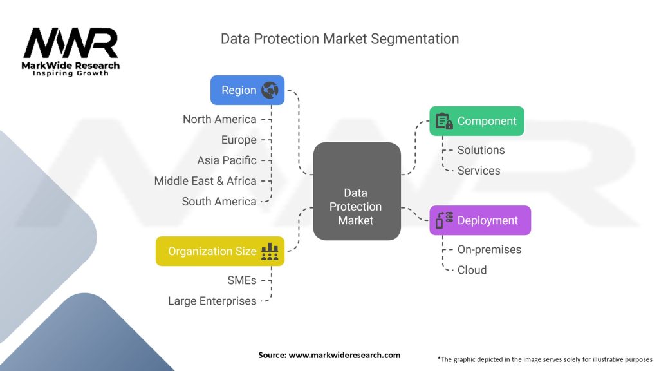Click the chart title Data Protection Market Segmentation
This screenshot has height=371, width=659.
(x=340, y=39)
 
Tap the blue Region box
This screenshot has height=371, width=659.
(x=247, y=90)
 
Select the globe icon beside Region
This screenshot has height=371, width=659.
(x=270, y=90)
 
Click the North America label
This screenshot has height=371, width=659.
(x=219, y=119)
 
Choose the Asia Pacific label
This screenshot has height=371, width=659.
(x=227, y=160)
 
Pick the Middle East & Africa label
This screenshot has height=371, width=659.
(x=205, y=181)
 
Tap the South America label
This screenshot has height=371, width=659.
(x=219, y=202)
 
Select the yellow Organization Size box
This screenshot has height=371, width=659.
(x=219, y=251)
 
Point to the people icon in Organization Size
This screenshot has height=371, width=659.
(x=270, y=251)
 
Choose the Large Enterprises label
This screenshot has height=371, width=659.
(x=212, y=301)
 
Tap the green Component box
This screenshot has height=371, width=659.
(x=477, y=121)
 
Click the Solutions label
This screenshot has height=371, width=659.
(x=481, y=150)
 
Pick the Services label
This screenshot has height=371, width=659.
(x=479, y=171)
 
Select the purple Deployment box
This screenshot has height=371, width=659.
(x=480, y=220)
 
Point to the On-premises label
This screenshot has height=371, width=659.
(x=489, y=249)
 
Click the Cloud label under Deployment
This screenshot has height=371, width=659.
(x=472, y=270)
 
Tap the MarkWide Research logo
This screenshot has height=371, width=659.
(x=71, y=52)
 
